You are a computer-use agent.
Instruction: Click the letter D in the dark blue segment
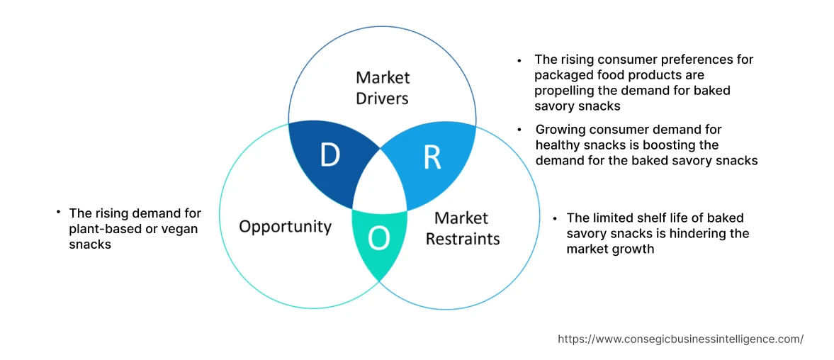pyautogui.click(x=329, y=155)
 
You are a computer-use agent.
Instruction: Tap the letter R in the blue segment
pyautogui.click(x=432, y=158)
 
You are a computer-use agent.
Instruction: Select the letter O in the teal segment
pyautogui.click(x=379, y=240)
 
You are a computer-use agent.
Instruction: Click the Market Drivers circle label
pyautogui.click(x=383, y=87)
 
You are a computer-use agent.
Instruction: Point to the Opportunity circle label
pyautogui.click(x=285, y=226)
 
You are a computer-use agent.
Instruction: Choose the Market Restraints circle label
pyautogui.click(x=462, y=228)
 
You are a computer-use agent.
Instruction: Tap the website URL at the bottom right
pyautogui.click(x=680, y=339)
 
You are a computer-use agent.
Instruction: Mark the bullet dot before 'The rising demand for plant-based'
pyautogui.click(x=57, y=213)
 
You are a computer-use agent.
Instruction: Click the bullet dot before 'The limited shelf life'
pyautogui.click(x=556, y=218)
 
